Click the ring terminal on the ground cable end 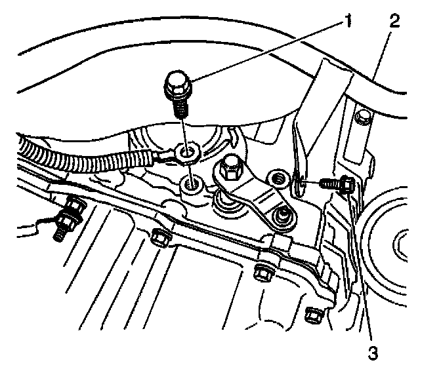187,155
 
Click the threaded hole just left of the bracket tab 279,177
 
